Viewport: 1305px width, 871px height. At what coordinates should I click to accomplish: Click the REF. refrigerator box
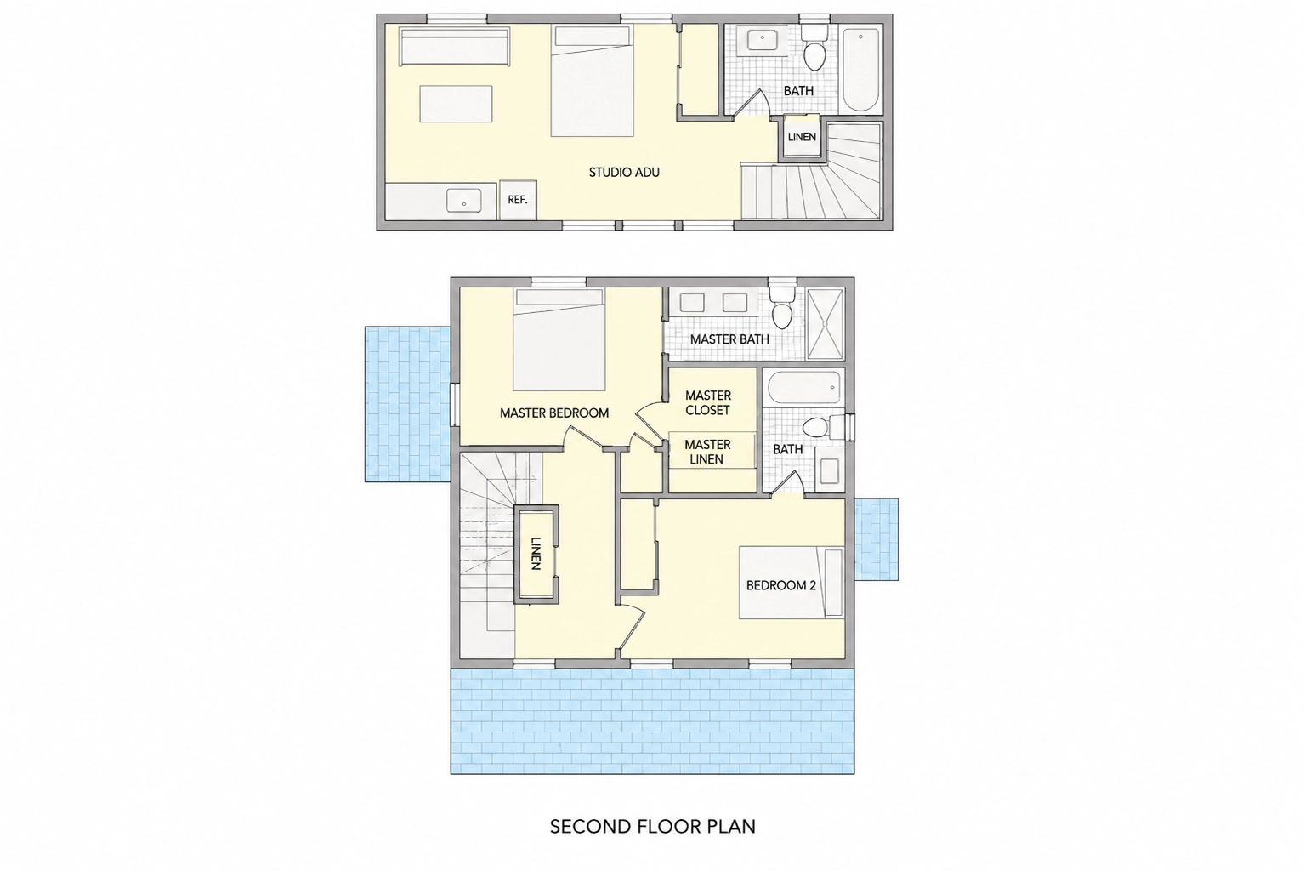pyautogui.click(x=518, y=200)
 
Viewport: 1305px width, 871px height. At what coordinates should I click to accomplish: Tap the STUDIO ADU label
pyautogui.click(x=624, y=173)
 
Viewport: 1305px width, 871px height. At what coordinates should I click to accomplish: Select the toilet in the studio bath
pyautogui.click(x=814, y=48)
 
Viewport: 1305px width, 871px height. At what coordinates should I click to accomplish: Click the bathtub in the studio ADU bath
pyautogui.click(x=860, y=70)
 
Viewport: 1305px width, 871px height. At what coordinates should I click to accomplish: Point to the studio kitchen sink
pyautogui.click(x=463, y=201)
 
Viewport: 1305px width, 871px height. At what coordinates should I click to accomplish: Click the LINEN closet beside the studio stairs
pyautogui.click(x=802, y=137)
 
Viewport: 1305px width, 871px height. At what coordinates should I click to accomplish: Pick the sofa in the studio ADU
pyautogui.click(x=455, y=46)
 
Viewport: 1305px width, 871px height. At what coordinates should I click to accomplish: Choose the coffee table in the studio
pyautogui.click(x=456, y=104)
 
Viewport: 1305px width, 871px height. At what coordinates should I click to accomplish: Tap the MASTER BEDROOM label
pyautogui.click(x=554, y=413)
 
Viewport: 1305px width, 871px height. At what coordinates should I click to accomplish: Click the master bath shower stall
pyautogui.click(x=825, y=324)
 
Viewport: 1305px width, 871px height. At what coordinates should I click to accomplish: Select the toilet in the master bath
pyautogui.click(x=782, y=307)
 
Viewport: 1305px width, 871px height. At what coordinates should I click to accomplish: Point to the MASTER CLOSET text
pyautogui.click(x=708, y=403)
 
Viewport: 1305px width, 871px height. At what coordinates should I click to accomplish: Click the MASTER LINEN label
pyautogui.click(x=707, y=452)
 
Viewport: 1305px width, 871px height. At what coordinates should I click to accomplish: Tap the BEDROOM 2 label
pyautogui.click(x=780, y=585)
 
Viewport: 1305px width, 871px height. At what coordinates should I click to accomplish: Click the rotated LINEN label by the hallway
pyautogui.click(x=536, y=553)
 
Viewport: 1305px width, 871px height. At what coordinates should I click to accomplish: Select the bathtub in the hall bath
pyautogui.click(x=804, y=387)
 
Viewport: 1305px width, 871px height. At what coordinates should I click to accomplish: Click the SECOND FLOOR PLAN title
pyautogui.click(x=653, y=826)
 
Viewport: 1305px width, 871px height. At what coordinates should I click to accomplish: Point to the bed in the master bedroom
pyautogui.click(x=559, y=340)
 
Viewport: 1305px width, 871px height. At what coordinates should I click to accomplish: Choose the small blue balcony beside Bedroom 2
pyautogui.click(x=877, y=539)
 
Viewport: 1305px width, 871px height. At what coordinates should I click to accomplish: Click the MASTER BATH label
pyautogui.click(x=729, y=339)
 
